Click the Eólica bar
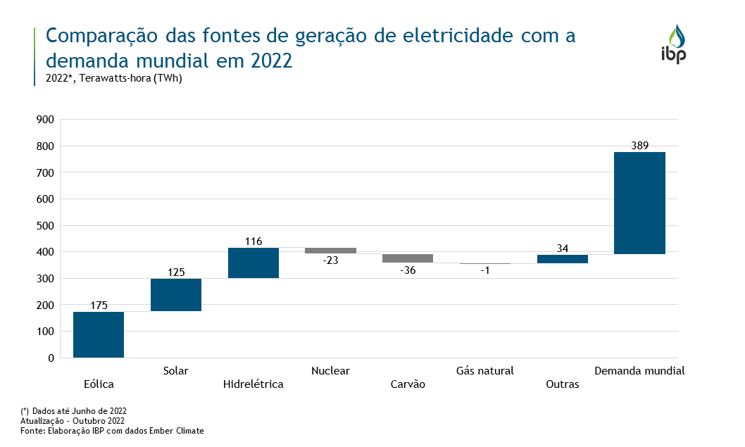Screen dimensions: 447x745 coord(99,334)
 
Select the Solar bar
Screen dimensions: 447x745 coord(176,295)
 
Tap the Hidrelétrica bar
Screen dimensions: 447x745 coord(253,263)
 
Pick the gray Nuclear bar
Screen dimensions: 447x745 coord(330,251)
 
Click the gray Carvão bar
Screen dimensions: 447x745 coord(408,258)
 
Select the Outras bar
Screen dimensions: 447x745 coord(562,259)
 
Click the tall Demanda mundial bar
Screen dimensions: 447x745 coord(639,203)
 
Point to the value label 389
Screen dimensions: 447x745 coord(639,145)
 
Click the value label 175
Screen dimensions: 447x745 coord(99,306)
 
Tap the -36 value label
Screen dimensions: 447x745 coord(408,270)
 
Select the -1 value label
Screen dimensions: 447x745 coord(485,271)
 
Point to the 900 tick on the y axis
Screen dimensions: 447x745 coord(45,120)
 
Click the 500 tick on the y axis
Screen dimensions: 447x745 coord(45,225)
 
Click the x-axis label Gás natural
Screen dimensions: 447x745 coord(485,370)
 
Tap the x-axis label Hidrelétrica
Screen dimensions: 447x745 coord(253,384)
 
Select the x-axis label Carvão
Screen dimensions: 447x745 coord(408,384)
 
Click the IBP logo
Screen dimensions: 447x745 coord(674,44)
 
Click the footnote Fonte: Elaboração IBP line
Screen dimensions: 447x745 coord(112,430)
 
